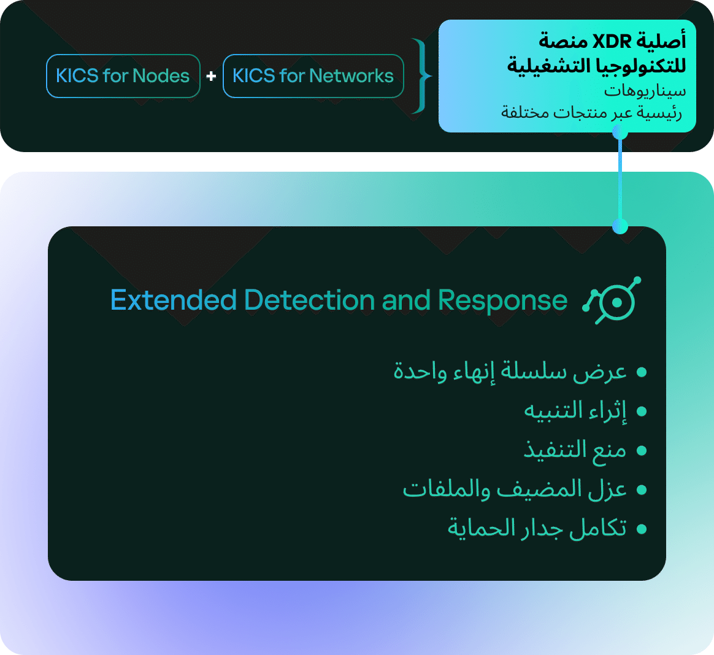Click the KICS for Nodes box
click(123, 76)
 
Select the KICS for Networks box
click(313, 76)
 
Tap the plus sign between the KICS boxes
click(211, 76)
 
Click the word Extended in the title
click(174, 301)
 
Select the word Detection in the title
click(310, 301)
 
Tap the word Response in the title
click(502, 301)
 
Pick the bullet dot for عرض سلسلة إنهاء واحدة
click(642, 372)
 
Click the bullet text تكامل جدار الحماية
click(537, 529)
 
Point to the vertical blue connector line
click(620, 179)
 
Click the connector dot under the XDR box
click(620, 132)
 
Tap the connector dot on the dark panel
click(620, 226)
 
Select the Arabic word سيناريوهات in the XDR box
click(645, 91)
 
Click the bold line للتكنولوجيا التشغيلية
click(596, 66)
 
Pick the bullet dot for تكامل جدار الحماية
click(642, 529)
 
